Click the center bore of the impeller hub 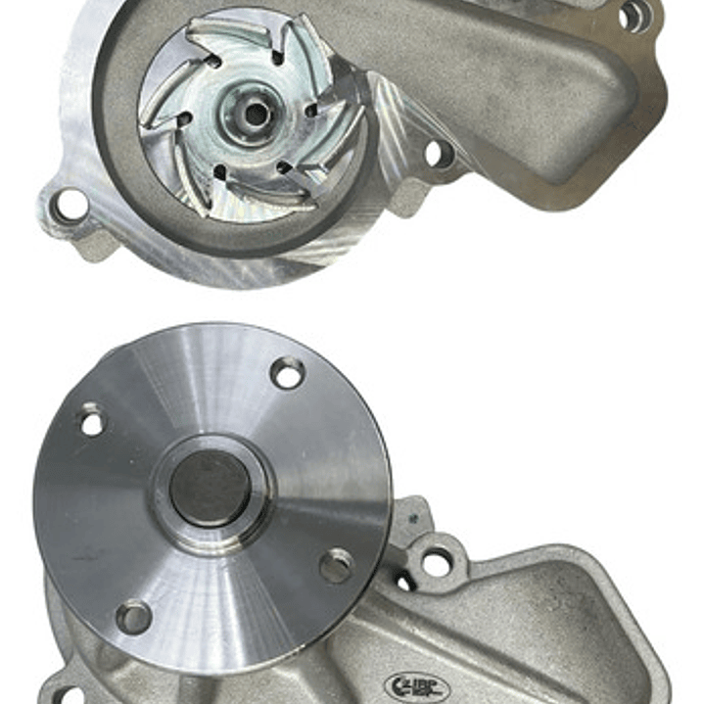point(257,113)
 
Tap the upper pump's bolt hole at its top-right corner point(634,16)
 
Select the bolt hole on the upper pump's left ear point(70,205)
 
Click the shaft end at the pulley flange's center point(210,487)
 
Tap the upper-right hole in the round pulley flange point(287,373)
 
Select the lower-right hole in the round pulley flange point(336,564)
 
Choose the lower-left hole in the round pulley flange point(133,616)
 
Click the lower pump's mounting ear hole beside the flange point(437,562)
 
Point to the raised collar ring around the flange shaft point(211,487)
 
